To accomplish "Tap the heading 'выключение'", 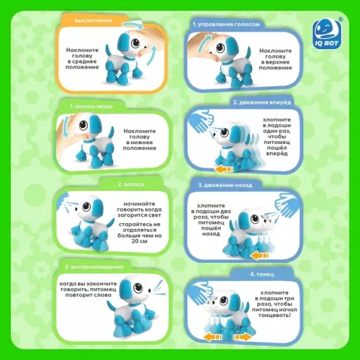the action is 93,21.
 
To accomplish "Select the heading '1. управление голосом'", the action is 226,24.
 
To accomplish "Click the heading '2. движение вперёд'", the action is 262,102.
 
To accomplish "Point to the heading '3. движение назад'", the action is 225,185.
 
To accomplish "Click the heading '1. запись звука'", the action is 91,107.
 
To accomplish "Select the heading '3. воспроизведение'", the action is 94,267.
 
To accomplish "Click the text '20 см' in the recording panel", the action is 139,241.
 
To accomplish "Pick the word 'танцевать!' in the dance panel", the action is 274,315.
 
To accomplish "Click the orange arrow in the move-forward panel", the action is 225,170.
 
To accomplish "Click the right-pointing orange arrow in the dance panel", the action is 243,338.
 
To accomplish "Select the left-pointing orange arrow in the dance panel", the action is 212,338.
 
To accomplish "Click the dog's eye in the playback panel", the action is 138,287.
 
